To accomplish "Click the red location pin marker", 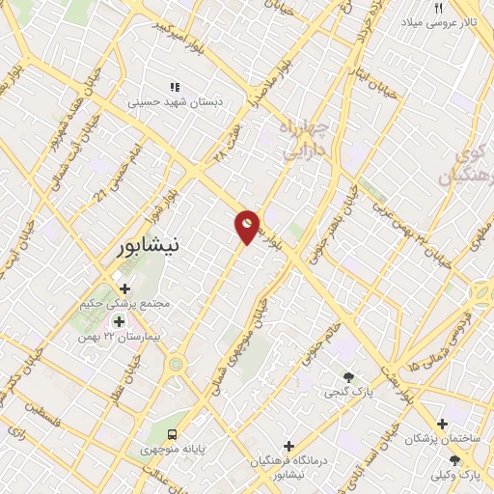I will click(x=248, y=227).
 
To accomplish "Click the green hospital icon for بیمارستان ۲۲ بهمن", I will click(x=119, y=322).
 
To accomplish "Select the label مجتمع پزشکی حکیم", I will click(x=126, y=303).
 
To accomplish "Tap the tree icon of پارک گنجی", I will click(x=348, y=376).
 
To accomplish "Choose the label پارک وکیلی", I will click(x=456, y=476).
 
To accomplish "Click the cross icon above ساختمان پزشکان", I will click(x=443, y=423).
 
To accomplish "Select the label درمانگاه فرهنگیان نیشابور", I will click(x=288, y=467).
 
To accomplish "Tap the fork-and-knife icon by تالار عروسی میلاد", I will click(x=438, y=7).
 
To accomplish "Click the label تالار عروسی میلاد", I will click(x=440, y=21).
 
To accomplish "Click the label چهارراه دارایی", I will click(x=306, y=139).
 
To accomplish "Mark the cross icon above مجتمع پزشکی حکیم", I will click(x=124, y=288).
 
